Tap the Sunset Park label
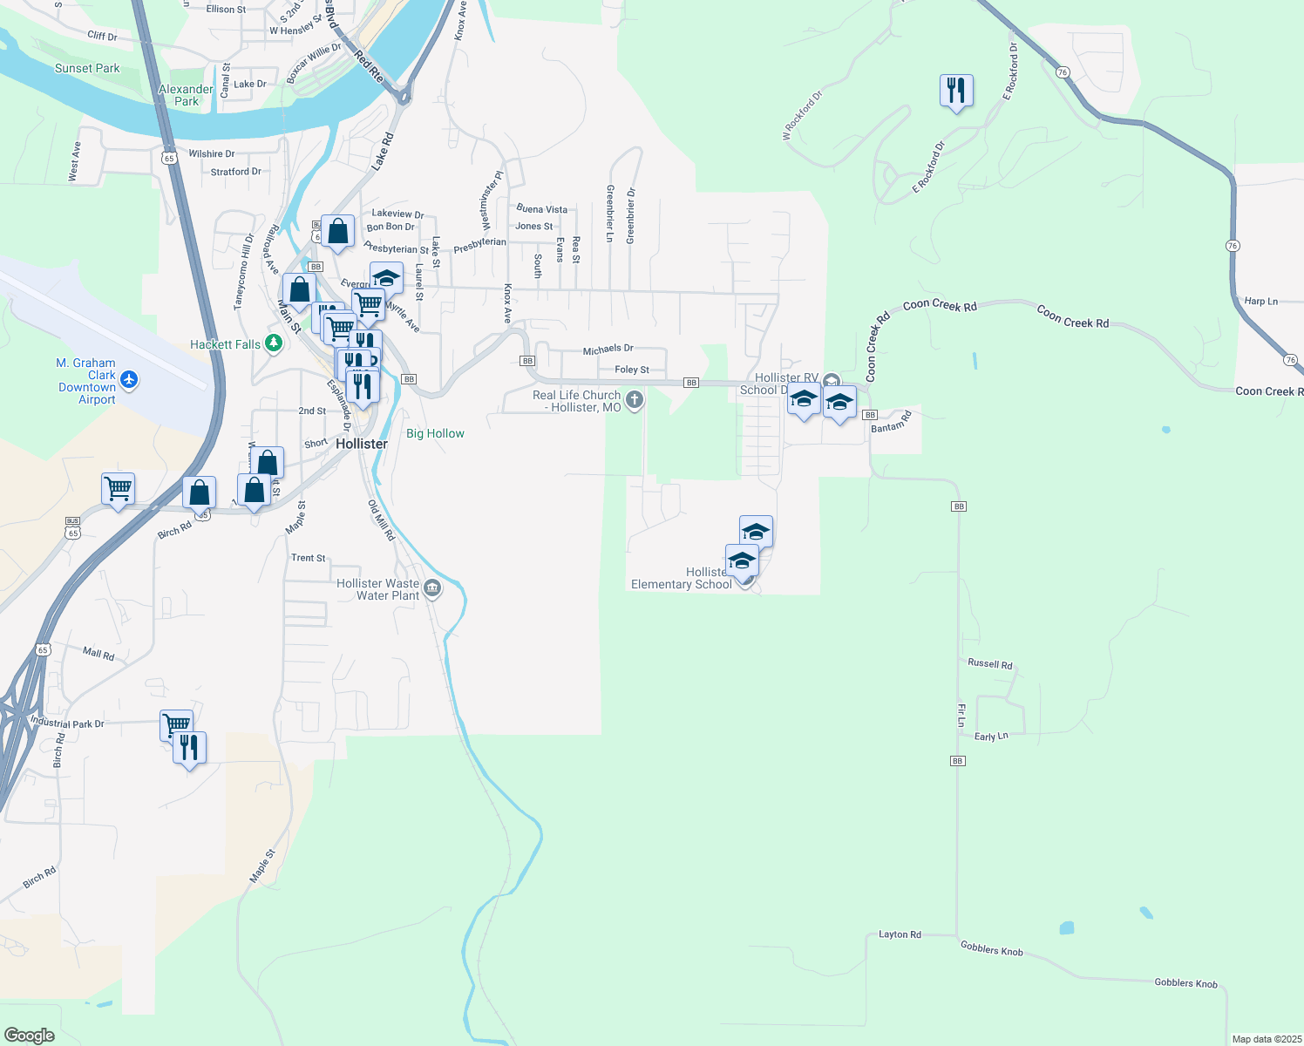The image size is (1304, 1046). (87, 68)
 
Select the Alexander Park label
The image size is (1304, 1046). (186, 95)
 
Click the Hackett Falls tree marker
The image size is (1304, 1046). (274, 343)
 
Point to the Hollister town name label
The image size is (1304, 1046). (362, 444)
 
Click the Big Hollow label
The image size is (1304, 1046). (435, 433)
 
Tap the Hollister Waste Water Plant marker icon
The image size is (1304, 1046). (432, 590)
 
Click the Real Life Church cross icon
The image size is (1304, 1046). (635, 400)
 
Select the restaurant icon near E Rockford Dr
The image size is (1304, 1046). (956, 90)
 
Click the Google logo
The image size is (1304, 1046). (30, 1035)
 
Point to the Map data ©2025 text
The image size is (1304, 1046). (1266, 1039)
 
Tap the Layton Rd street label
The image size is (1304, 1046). (900, 934)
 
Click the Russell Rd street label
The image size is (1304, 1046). (990, 664)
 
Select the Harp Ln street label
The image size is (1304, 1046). (1260, 302)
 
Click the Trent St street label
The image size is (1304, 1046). (309, 558)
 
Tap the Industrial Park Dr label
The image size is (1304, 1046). (67, 723)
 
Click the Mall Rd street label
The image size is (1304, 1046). (98, 653)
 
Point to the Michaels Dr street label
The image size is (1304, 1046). (608, 349)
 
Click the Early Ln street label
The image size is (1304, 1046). (991, 737)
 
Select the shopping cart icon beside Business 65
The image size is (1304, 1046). (118, 488)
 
